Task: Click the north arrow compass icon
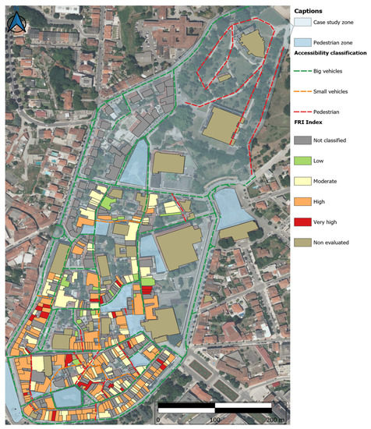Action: (16, 22)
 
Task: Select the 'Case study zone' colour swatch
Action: (303, 24)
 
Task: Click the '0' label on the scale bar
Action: (158, 420)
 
